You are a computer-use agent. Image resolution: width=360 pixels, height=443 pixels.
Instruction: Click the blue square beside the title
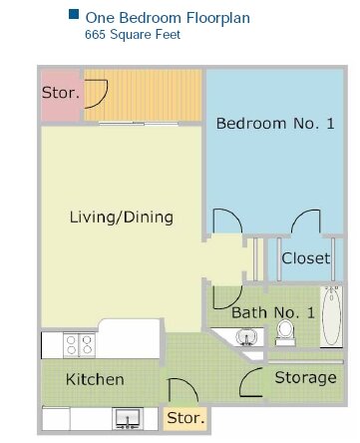pos(74,14)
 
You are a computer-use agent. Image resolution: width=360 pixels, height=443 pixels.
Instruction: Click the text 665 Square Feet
pos(133,35)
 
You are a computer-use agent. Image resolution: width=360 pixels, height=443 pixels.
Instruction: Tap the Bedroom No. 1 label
pos(275,124)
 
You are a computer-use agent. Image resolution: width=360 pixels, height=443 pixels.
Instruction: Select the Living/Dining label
pos(122,218)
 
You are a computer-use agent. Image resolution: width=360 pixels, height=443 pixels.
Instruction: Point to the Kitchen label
pos(95,379)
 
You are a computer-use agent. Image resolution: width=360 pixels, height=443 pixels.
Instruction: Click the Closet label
pos(306,258)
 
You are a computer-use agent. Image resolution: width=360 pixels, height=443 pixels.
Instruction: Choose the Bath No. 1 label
pos(273,312)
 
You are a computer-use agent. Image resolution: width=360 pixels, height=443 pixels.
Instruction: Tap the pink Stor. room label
pos(61,93)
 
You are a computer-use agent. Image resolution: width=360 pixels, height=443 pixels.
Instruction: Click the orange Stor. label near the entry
pos(185,418)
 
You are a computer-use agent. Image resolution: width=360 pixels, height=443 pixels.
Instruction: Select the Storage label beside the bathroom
pos(306,378)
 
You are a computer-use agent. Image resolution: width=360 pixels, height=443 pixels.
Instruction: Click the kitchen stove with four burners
pos(79,345)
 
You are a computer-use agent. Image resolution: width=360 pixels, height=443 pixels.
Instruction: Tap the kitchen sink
pos(128,418)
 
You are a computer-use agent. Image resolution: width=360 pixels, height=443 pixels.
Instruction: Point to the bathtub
pos(331,316)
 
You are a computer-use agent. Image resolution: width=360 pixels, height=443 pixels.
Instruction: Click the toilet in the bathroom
pos(285,332)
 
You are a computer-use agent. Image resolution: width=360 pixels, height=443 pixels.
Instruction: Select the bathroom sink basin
pos(246,336)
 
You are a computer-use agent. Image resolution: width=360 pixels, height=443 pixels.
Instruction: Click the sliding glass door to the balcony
pos(139,124)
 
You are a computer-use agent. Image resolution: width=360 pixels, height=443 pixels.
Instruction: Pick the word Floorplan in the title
pos(218,18)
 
